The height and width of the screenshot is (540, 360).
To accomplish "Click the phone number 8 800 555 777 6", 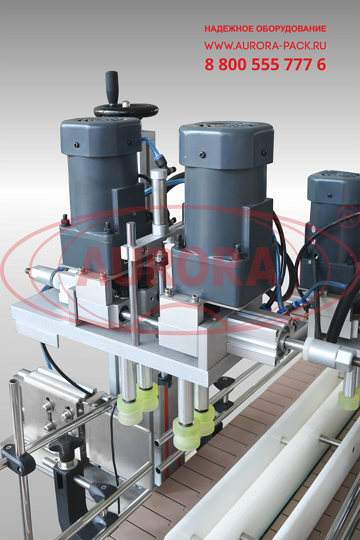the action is pyautogui.click(x=265, y=64).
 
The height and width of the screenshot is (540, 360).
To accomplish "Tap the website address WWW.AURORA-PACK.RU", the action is pyautogui.click(x=265, y=46).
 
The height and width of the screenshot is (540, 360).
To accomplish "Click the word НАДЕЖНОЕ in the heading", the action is pyautogui.click(x=227, y=28).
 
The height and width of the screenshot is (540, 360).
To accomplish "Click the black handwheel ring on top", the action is pyautogui.click(x=126, y=110).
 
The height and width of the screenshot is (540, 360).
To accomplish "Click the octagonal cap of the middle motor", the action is pyautogui.click(x=226, y=145).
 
